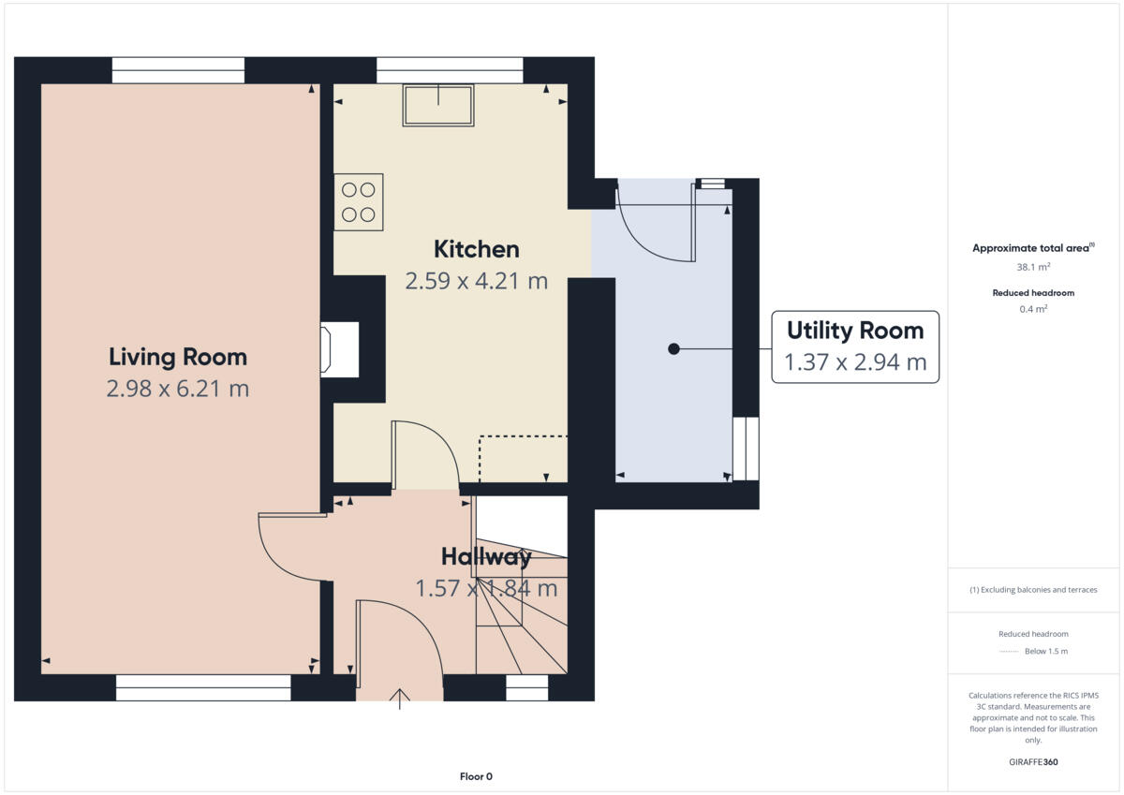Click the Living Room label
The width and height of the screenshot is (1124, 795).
[178, 357]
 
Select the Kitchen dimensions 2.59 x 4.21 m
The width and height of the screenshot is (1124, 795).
[476, 281]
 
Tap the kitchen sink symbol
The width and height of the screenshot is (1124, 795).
[437, 104]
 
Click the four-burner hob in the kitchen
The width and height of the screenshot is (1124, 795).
[359, 201]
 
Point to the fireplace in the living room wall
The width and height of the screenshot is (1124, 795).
[339, 350]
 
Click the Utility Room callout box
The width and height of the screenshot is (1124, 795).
[854, 346]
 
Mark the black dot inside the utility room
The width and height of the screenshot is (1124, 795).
[673, 349]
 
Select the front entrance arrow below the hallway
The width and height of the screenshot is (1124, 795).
[400, 698]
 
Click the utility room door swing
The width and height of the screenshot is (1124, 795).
[653, 225]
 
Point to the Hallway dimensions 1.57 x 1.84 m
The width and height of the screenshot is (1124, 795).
[486, 588]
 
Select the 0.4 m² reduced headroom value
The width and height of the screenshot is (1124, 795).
[1033, 309]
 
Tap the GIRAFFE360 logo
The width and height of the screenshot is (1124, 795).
[1033, 762]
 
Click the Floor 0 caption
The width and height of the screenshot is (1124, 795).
[476, 776]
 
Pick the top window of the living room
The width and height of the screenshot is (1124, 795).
[178, 70]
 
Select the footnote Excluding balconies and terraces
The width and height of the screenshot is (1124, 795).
[1033, 590]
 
